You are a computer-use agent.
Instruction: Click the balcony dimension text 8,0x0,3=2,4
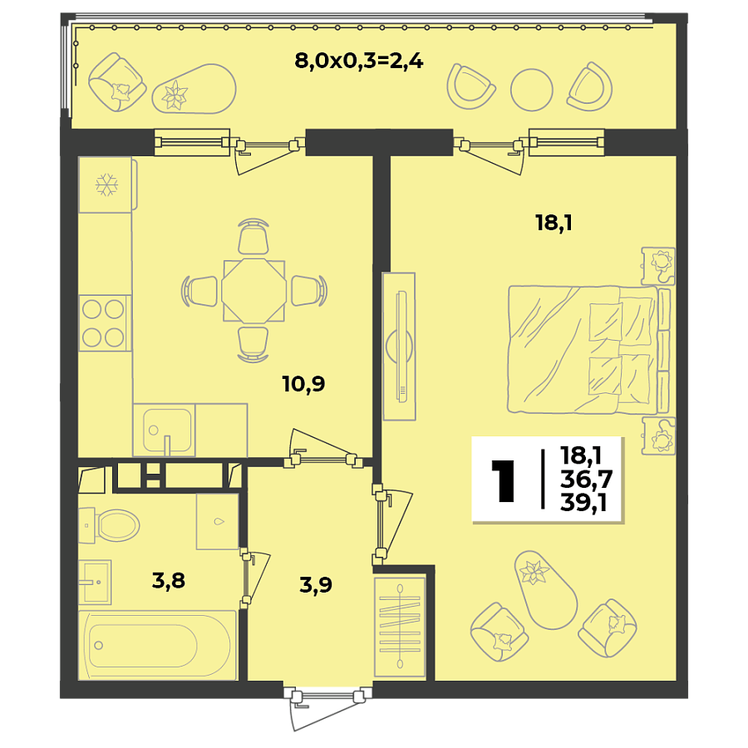coord(359,61)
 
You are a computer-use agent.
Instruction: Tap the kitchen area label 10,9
coord(303,384)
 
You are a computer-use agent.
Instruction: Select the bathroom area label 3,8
coord(168,579)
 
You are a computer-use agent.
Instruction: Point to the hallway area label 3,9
coord(315,585)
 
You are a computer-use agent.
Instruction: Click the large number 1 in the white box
coord(503,480)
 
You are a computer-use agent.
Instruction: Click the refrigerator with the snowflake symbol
coord(106,185)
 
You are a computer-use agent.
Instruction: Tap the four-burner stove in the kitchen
coord(104,322)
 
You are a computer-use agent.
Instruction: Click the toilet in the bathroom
coord(112,524)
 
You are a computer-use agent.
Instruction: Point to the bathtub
coord(156,645)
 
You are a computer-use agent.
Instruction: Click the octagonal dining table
coord(253,291)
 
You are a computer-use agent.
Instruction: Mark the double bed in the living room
coord(586,350)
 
